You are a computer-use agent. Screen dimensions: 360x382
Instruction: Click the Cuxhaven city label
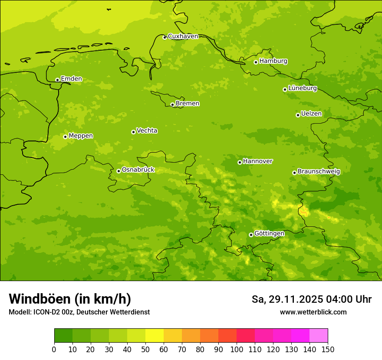tap(183, 36)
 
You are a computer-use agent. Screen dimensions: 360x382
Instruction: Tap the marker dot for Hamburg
tap(256, 62)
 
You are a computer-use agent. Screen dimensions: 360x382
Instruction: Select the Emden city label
tap(71, 79)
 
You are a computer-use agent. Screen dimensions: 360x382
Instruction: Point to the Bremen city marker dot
tap(172, 105)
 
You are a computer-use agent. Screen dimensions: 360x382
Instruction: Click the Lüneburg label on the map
tap(303, 88)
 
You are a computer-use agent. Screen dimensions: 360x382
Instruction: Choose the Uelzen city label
tap(311, 114)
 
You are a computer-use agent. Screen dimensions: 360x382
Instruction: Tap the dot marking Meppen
tap(65, 137)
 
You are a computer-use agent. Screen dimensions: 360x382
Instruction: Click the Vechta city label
tap(147, 131)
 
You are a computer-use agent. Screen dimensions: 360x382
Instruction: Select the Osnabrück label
tap(138, 170)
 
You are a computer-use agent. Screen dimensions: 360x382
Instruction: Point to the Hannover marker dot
tap(240, 162)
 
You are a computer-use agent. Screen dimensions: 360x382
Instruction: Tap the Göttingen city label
tap(269, 234)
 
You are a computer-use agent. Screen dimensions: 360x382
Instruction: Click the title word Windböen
tap(40, 299)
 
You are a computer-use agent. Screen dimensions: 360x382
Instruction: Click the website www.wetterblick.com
tap(313, 312)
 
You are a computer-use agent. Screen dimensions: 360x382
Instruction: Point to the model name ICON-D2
tap(46, 312)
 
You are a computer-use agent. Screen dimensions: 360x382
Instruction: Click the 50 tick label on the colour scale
tap(145, 350)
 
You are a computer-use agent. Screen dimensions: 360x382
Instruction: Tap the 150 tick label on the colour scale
tap(328, 350)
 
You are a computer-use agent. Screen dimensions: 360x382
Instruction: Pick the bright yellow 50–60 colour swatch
tap(155, 336)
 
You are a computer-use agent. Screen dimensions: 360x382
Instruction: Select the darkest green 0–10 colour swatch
tap(63, 336)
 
